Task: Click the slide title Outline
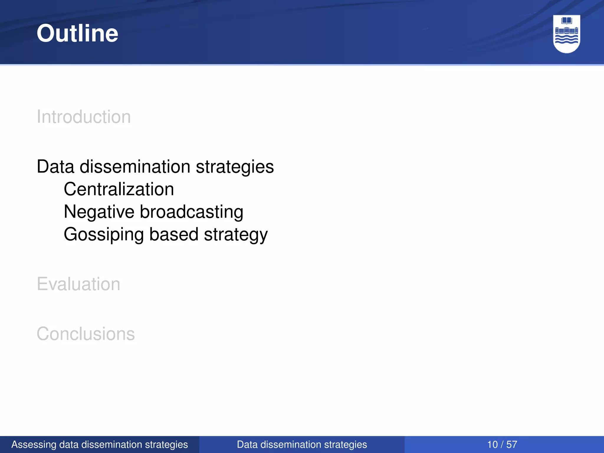coord(77,33)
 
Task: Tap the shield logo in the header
coord(567,34)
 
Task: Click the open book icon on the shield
coord(567,21)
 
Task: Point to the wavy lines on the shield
coord(567,40)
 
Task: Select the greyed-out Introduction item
coord(83,117)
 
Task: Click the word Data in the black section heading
coord(55,167)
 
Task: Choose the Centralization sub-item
coord(119,189)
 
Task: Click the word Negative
coord(99,212)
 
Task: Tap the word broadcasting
coord(191,212)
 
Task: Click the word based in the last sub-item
coord(174,234)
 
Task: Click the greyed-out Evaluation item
coord(78,284)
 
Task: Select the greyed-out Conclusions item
coord(86,334)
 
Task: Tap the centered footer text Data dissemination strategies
coord(302,444)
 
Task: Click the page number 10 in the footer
coord(492,444)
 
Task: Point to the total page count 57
coord(512,444)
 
